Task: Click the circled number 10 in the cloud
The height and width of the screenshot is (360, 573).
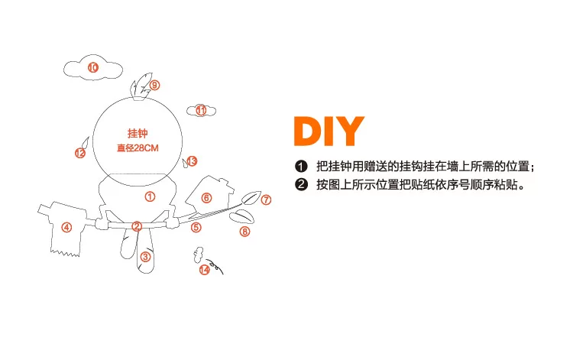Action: [93, 67]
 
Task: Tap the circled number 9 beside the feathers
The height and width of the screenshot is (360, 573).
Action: [154, 85]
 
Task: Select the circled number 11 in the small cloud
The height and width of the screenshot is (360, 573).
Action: [201, 110]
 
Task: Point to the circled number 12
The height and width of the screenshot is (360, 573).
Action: [80, 153]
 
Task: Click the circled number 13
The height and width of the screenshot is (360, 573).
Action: [192, 161]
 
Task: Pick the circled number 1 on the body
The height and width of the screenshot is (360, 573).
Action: [150, 196]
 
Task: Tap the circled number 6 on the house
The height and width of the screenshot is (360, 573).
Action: [206, 198]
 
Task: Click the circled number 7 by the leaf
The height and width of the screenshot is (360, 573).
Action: [266, 200]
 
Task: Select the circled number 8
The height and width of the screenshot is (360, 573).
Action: [244, 232]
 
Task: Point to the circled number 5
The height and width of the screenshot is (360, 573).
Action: [196, 227]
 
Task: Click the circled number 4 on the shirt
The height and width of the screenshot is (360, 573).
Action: [66, 227]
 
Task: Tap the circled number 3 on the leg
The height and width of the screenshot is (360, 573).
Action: [145, 257]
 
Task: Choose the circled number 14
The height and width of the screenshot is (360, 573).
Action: [204, 270]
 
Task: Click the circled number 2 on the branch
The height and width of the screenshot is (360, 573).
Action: [137, 226]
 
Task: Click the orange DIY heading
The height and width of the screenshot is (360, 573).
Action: [329, 131]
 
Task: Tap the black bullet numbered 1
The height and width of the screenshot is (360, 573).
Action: [301, 167]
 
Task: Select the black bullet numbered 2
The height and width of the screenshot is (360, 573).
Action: [301, 184]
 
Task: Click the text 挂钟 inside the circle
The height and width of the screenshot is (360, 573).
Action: [138, 134]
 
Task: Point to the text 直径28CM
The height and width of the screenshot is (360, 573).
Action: [138, 148]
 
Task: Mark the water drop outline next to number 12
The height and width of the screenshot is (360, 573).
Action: [85, 142]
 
